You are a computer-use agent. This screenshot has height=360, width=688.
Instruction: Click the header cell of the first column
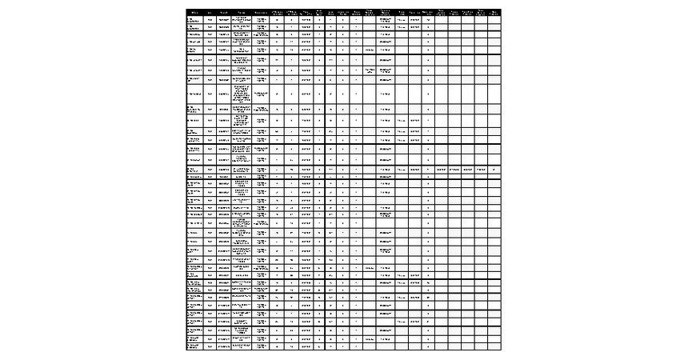(194, 12)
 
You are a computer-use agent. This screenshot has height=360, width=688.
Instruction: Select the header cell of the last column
(494, 12)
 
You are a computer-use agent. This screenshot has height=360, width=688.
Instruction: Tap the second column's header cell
(210, 12)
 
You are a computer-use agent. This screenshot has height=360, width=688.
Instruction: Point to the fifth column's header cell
(262, 12)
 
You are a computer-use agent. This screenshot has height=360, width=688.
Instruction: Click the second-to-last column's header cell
(481, 12)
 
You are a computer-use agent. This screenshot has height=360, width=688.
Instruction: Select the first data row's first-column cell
(194, 19)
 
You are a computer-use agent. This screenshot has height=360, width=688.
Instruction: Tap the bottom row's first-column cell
(194, 346)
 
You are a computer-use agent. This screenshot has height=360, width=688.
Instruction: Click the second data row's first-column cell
(194, 27)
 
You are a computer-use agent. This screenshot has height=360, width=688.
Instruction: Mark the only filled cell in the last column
(494, 170)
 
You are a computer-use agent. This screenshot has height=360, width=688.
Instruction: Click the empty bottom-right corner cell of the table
(494, 346)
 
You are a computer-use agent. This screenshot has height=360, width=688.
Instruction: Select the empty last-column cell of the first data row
(494, 19)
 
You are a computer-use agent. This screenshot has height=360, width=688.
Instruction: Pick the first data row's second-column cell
(210, 19)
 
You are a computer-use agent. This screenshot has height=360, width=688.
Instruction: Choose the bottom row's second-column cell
(210, 346)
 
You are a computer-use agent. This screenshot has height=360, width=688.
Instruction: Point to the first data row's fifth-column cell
(262, 19)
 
